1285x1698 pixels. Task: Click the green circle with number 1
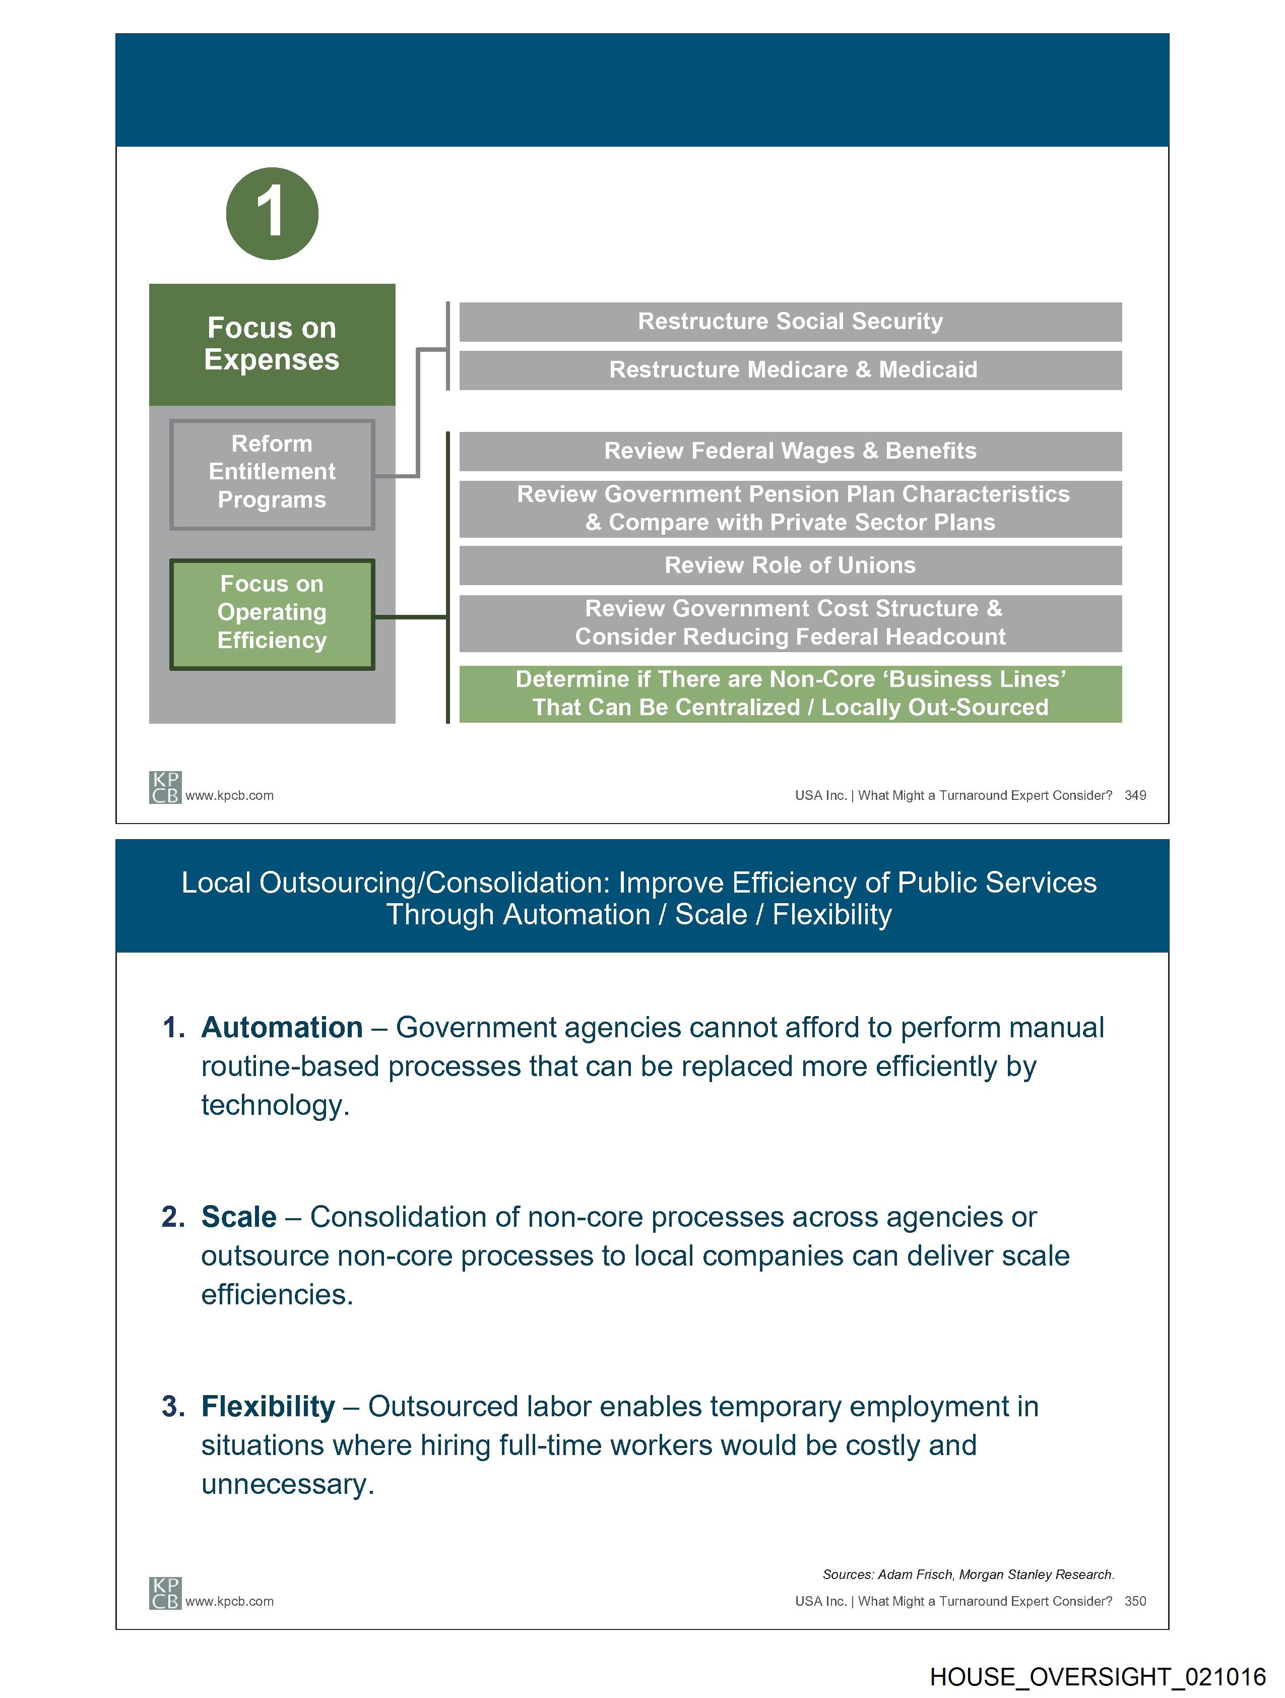[x=272, y=213]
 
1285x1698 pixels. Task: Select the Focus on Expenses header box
[x=272, y=344]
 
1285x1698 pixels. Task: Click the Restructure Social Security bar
[x=790, y=322]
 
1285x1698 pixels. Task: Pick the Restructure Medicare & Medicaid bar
[x=790, y=370]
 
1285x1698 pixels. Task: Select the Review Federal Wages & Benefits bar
[x=790, y=452]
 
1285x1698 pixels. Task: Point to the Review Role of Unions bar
[x=790, y=565]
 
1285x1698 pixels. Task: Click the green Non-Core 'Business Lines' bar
[x=790, y=693]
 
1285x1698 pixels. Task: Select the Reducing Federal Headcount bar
[x=790, y=622]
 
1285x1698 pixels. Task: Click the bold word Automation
[x=282, y=1027]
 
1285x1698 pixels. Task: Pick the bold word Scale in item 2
[x=239, y=1217]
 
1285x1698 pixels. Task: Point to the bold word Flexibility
[x=268, y=1406]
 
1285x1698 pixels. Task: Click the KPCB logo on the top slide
[x=165, y=788]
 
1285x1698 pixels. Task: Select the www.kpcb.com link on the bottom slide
[x=229, y=1601]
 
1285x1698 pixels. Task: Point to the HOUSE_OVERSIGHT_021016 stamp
[x=1097, y=1676]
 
